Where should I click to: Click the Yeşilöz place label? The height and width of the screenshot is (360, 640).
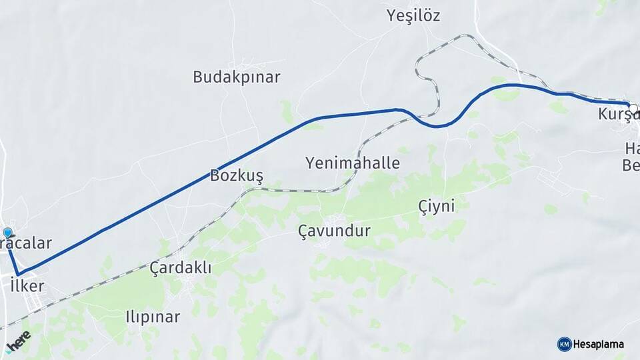point(413,16)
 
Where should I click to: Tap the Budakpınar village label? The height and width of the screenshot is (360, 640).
point(236,77)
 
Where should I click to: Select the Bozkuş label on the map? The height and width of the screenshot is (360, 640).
point(237,176)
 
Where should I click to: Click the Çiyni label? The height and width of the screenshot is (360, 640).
point(437,206)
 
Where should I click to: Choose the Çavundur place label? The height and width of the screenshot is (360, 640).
point(334,231)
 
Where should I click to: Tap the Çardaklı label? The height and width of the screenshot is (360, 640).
point(180,268)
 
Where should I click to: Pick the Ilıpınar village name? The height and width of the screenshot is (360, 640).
point(153,317)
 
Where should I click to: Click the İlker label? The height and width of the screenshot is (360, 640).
point(27,286)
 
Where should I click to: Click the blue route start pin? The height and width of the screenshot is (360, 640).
point(7,233)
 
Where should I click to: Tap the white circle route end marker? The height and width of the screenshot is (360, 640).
point(633,107)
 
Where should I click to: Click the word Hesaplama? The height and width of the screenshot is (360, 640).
point(599,344)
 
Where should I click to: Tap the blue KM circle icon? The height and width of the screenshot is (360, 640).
point(564,344)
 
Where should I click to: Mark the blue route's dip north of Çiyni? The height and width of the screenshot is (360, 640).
point(437,125)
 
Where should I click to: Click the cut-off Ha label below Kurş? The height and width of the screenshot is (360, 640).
point(631,147)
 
